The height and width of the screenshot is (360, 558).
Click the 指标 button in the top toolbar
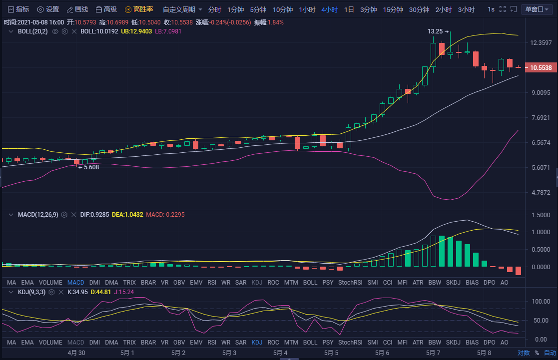tap(18, 9)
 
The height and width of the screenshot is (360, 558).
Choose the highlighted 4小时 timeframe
tap(330, 9)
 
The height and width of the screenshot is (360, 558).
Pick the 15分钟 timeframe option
tap(393, 9)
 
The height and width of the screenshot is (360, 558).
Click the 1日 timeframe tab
tap(349, 9)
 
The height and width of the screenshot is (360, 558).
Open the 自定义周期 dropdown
tap(182, 9)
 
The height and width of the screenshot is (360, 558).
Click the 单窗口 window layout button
tap(537, 9)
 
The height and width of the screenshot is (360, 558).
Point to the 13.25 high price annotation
tap(436, 31)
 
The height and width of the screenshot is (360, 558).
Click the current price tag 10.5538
tap(541, 67)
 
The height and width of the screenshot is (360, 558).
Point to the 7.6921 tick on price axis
tap(541, 118)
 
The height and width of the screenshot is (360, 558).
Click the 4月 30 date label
tap(76, 353)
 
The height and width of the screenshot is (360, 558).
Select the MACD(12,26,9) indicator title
tap(38, 215)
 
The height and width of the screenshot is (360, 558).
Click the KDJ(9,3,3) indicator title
tap(32, 292)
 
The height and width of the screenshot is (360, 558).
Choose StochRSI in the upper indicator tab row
tap(350, 282)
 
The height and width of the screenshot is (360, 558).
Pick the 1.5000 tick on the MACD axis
tap(540, 215)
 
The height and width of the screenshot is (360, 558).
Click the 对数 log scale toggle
tap(523, 353)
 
